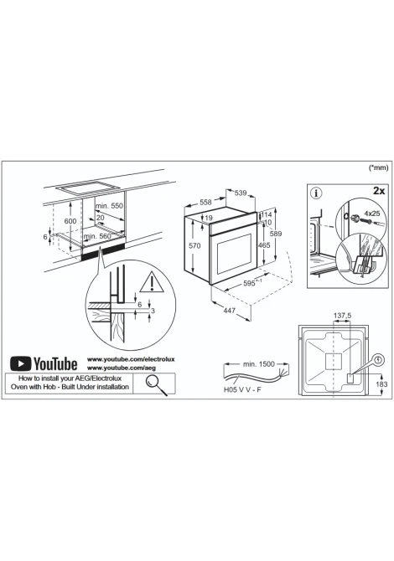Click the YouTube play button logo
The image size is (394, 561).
(20, 363)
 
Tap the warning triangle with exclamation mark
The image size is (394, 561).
(152, 282)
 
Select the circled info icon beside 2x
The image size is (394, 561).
(315, 193)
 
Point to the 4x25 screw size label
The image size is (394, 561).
(372, 214)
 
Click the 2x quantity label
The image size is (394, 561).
(379, 191)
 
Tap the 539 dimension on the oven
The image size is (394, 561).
(241, 193)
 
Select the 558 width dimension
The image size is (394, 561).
(205, 202)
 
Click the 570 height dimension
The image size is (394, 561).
(194, 246)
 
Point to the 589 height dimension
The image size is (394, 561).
(276, 234)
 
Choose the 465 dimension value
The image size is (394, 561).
(264, 245)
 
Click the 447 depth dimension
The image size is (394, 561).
(229, 310)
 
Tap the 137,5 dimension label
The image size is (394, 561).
(342, 316)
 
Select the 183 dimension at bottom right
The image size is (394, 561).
(381, 383)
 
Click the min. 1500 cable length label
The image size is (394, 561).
(258, 364)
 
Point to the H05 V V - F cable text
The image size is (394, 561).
(242, 389)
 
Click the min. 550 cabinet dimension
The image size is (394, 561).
(109, 206)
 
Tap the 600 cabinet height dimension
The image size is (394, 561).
(70, 221)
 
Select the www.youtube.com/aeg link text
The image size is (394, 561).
(122, 368)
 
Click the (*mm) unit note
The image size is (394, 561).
(379, 167)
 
